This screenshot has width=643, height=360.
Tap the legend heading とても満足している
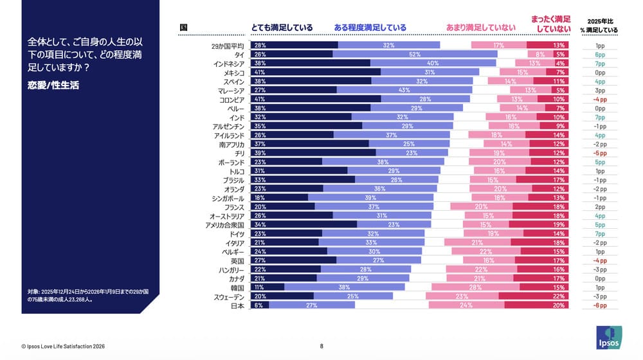coord(282,28)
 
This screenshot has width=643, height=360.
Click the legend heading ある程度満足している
coord(370,28)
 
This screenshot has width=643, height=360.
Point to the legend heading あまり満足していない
coord(480,28)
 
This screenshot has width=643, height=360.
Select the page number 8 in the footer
coord(321,346)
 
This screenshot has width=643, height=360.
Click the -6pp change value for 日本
coord(599,306)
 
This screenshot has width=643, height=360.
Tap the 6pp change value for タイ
coord(599,55)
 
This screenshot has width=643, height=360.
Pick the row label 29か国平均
coord(228,46)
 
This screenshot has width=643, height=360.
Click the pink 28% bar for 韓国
coord(475,288)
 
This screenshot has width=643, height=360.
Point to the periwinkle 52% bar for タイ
coord(415,55)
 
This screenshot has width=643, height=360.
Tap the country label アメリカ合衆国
coord(224,225)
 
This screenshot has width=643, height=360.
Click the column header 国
coord(183,28)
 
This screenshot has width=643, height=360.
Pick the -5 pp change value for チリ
coord(599,153)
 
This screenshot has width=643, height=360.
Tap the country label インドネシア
coord(229,64)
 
